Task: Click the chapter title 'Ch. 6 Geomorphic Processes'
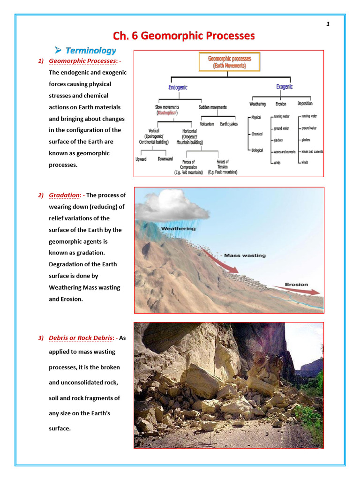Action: point(184,36)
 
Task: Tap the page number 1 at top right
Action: point(328,24)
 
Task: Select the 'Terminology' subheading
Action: point(90,51)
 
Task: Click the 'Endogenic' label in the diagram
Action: point(178,87)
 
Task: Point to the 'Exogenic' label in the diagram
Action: point(284,87)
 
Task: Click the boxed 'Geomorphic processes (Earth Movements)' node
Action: point(229,62)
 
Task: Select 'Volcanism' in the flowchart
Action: point(207,124)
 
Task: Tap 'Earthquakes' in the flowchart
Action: point(229,124)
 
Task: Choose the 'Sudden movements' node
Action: point(212,107)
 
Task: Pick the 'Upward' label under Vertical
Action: point(141,159)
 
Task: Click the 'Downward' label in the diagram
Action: point(165,159)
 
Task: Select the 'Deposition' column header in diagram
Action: point(305,104)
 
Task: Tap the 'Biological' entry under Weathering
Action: point(257,150)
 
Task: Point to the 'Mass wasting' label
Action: point(245,255)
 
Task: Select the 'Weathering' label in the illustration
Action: point(178,229)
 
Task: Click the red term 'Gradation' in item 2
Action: point(65,195)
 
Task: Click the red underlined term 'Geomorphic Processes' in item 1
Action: point(82,61)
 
